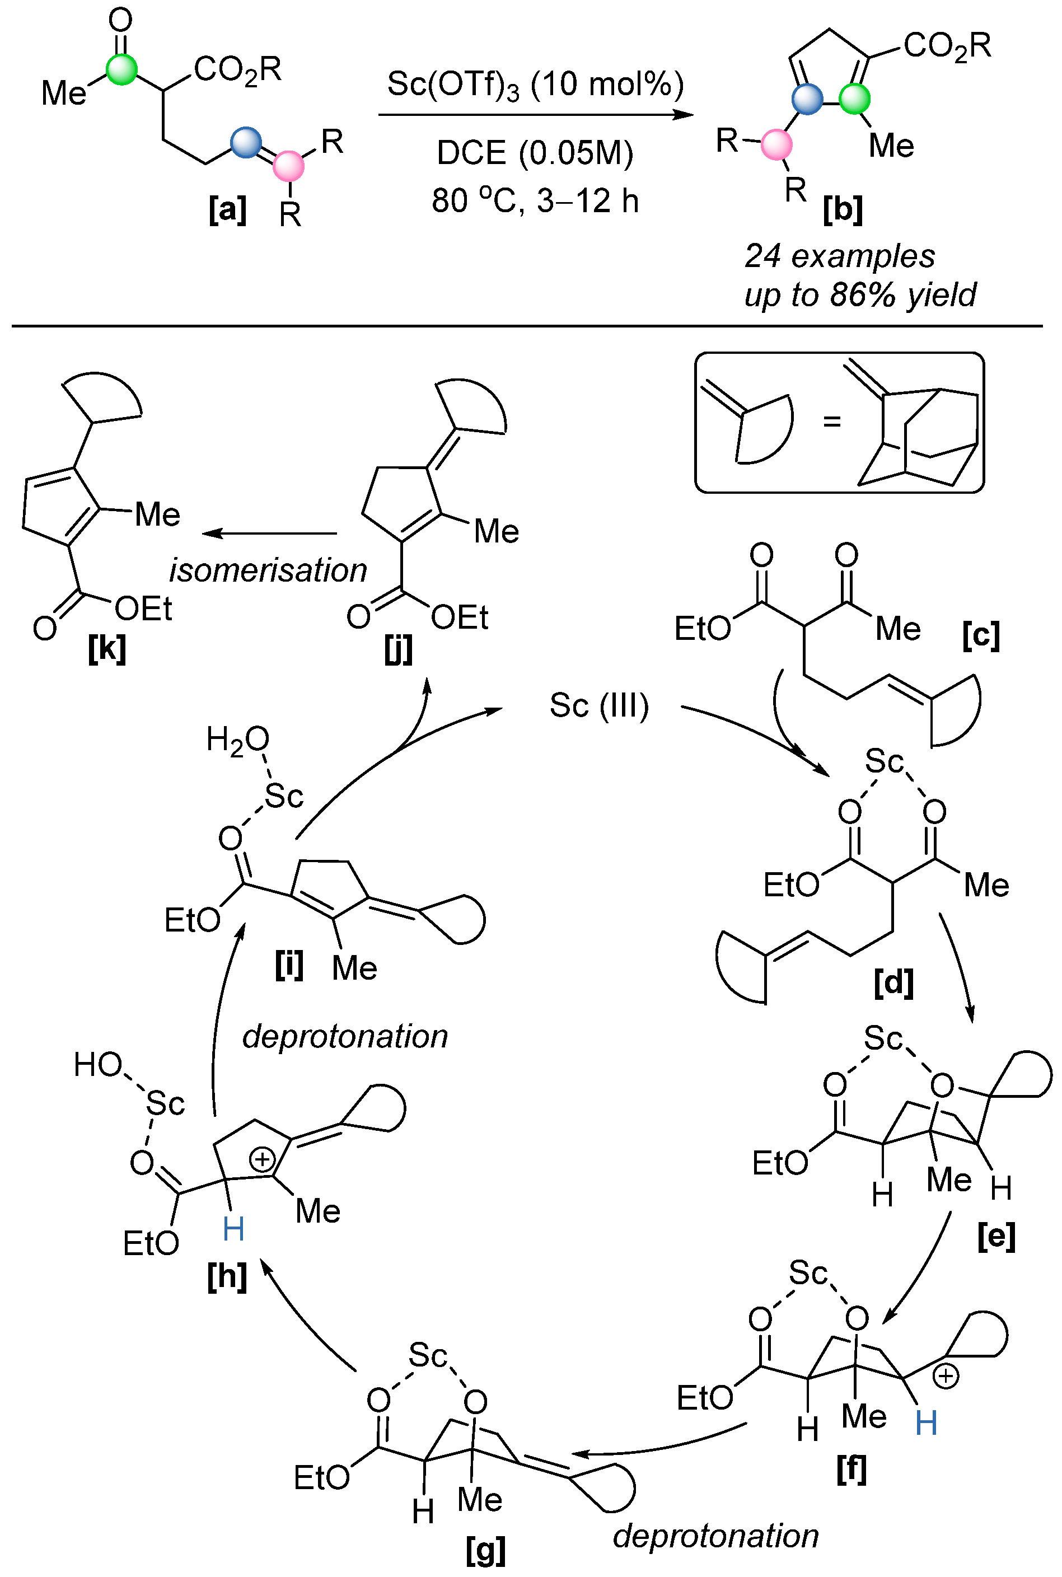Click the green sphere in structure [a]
click(x=122, y=69)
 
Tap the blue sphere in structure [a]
click(x=245, y=142)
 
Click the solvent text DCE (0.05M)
click(x=535, y=153)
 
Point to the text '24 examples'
click(x=839, y=256)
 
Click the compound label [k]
click(x=107, y=649)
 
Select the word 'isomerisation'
click(x=268, y=570)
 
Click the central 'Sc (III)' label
click(x=598, y=705)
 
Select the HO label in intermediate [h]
click(x=98, y=1064)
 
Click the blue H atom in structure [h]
click(x=233, y=1228)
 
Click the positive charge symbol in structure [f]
click(x=946, y=1376)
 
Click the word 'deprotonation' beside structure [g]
click(x=715, y=1536)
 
